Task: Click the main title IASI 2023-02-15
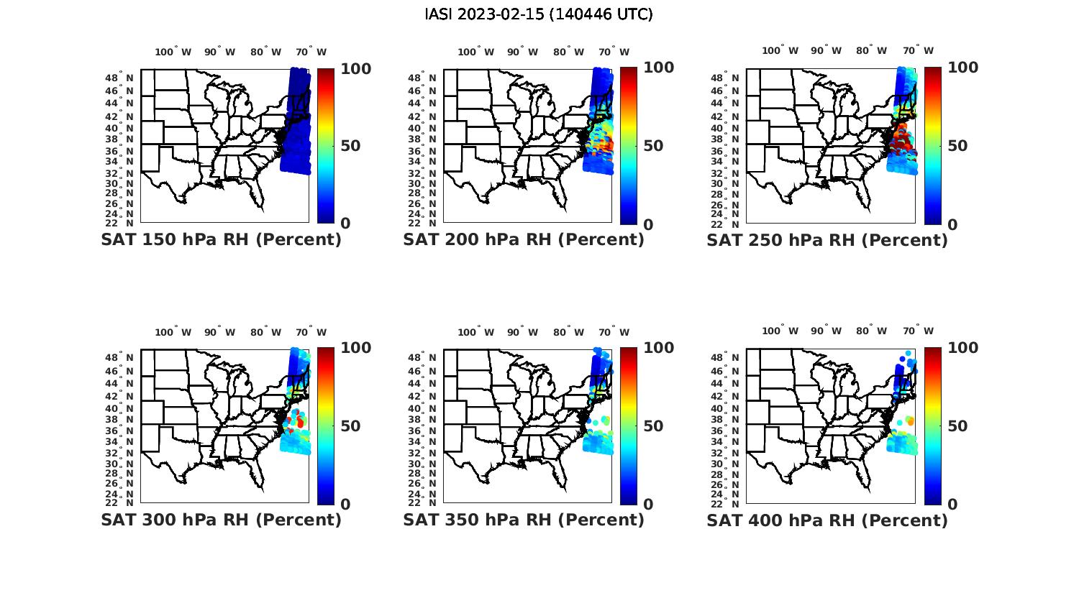point(539,14)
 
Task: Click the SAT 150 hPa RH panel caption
point(221,239)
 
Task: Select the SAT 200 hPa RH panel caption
point(524,239)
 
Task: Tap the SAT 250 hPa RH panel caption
point(827,239)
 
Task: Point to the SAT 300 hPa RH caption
point(221,519)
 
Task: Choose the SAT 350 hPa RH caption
point(524,519)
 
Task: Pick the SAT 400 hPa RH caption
point(827,519)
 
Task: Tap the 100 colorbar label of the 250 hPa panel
point(962,68)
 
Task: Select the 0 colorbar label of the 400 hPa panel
point(953,504)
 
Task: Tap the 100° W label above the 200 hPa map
point(475,52)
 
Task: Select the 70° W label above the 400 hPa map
point(918,331)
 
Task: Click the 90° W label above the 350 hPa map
point(522,332)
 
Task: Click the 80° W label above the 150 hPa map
point(265,52)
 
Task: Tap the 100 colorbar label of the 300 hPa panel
point(355,348)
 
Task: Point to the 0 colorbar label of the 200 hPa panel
point(650,224)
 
